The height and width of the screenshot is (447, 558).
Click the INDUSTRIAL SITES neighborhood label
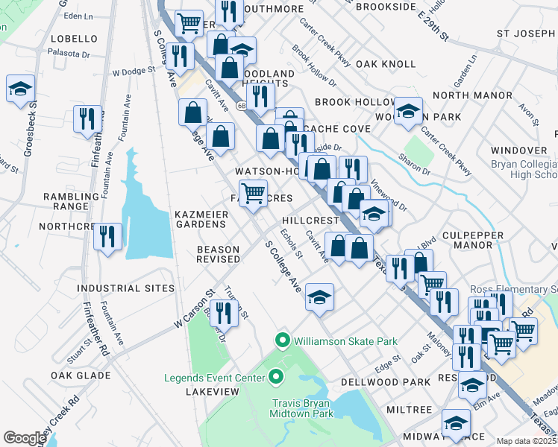click(126, 288)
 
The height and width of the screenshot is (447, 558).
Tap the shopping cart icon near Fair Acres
click(253, 193)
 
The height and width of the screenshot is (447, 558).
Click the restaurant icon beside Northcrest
click(110, 237)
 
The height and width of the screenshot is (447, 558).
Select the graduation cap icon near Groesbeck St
click(20, 89)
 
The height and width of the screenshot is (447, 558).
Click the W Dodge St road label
click(134, 73)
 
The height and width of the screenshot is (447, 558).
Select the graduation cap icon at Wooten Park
click(407, 111)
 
